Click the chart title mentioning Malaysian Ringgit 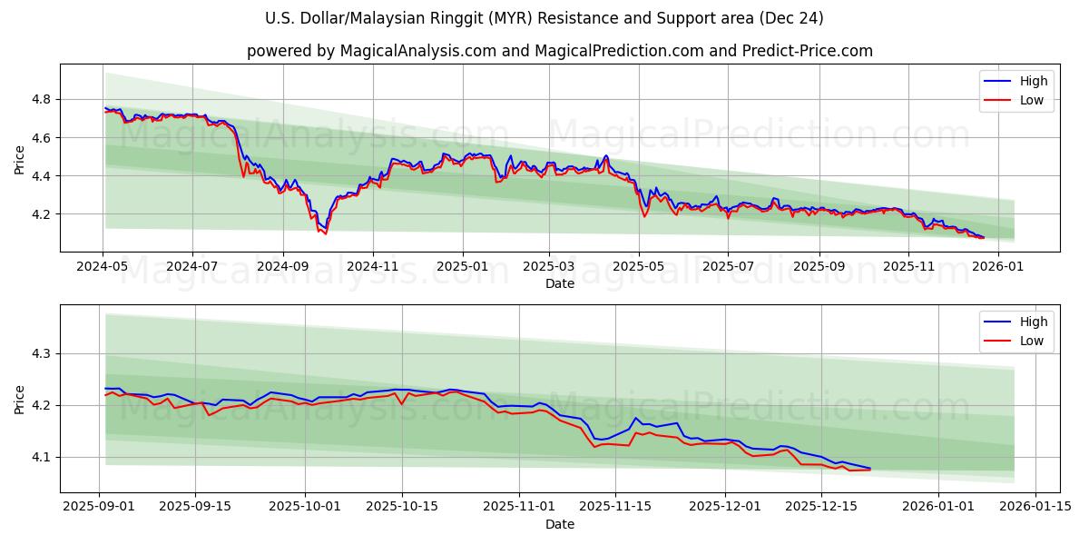click(544, 18)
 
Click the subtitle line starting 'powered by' click(559, 51)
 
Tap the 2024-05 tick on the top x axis click(103, 267)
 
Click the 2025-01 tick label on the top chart click(462, 267)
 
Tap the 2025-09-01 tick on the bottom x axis click(100, 507)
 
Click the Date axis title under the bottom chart click(559, 524)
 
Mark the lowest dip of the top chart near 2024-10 click(325, 233)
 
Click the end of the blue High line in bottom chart click(869, 469)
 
